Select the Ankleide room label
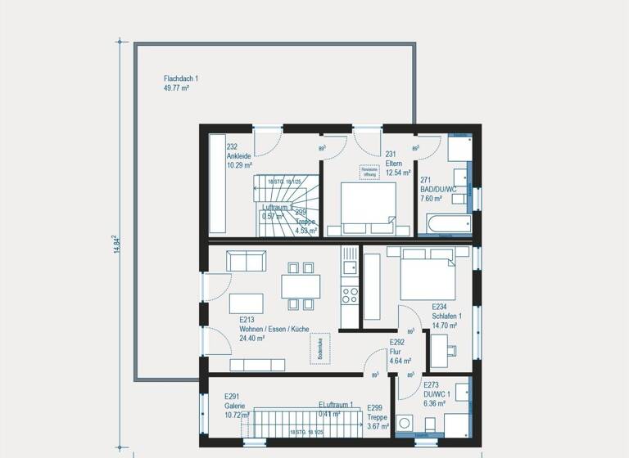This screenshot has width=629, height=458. [239, 155]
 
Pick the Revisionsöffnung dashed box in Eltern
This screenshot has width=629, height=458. [369, 171]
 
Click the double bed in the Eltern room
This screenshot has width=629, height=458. [368, 207]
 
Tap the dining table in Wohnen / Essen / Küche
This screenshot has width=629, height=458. [301, 285]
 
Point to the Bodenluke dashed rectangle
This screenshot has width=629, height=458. [319, 348]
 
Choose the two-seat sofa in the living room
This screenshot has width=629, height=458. [246, 261]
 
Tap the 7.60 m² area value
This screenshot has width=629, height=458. [432, 198]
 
